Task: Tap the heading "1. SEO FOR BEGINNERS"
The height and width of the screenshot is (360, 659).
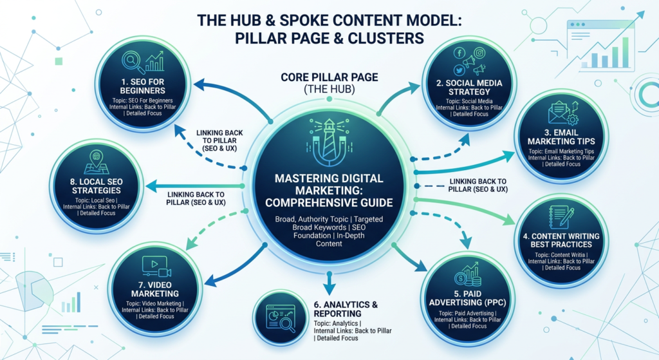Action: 142,86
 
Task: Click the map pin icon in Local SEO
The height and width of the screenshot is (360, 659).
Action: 97,156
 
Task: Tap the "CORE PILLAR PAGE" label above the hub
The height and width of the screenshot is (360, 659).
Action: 329,78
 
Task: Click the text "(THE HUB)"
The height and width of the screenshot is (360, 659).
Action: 329,91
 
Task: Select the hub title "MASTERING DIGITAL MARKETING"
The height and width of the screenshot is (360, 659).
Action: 329,186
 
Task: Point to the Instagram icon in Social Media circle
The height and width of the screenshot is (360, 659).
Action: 479,53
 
